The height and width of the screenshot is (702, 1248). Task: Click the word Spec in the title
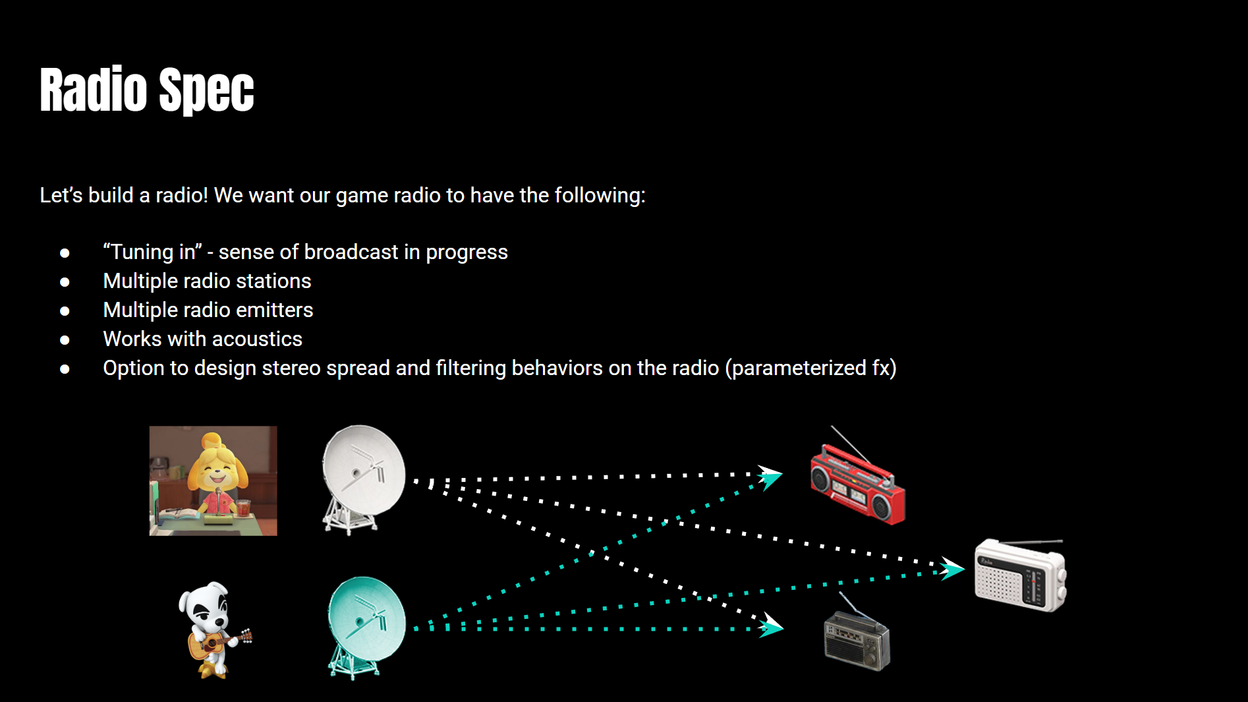(x=206, y=90)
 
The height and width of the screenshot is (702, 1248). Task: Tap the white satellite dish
(x=363, y=478)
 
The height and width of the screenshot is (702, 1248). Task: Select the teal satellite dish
(x=366, y=626)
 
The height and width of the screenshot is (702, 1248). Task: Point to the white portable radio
(x=1019, y=575)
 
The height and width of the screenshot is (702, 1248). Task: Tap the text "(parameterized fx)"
(x=810, y=368)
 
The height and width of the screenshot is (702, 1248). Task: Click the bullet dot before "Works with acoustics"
(x=65, y=340)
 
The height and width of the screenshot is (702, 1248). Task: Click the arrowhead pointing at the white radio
(x=951, y=568)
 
